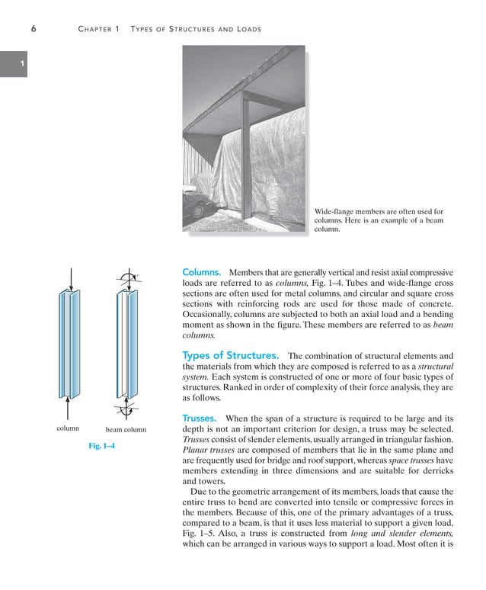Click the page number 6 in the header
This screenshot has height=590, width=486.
pyautogui.click(x=34, y=29)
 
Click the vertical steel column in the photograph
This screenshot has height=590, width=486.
pyautogui.click(x=248, y=168)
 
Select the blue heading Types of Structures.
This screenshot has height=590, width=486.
pyautogui.click(x=230, y=355)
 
